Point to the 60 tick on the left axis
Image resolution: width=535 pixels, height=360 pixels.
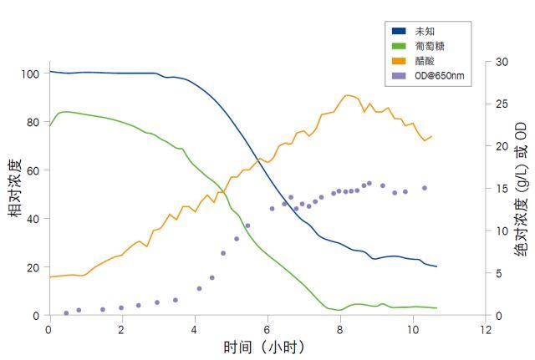pos(33,170)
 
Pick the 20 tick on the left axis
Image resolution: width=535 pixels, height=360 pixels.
pos(33,267)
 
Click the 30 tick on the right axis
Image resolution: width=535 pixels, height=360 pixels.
pos(502,62)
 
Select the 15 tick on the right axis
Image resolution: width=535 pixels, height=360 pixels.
pos(502,189)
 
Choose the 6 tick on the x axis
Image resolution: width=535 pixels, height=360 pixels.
pos(267,329)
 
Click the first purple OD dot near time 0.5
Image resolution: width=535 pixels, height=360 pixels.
pos(66,313)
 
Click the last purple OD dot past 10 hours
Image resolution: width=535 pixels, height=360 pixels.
pos(425,188)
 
